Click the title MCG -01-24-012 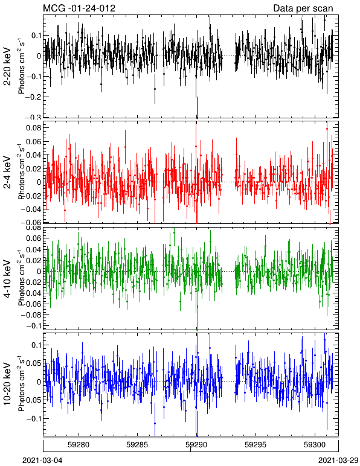coord(79,8)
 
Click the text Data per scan coord(303,8)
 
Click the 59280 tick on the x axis coord(79,445)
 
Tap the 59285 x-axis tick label coord(138,445)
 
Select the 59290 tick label coord(196,445)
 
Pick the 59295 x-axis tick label coord(256,445)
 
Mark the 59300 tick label coord(315,445)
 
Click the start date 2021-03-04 coord(42,461)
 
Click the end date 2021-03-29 coord(338,461)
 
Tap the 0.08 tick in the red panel coord(33,128)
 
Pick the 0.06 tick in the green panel coord(33,238)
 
